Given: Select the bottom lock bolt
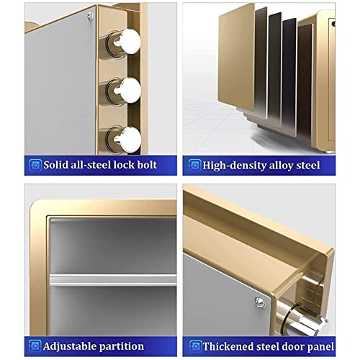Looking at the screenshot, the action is [125, 139].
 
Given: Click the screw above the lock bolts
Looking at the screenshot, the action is [90, 16].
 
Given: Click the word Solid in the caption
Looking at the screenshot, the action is [55, 165].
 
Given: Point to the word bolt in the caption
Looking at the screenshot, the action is [147, 165].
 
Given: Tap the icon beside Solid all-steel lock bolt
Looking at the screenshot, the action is [35, 165].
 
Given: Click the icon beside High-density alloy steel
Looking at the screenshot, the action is [194, 165].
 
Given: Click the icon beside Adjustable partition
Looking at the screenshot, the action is [35, 346].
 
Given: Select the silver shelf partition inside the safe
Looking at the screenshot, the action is [113, 280].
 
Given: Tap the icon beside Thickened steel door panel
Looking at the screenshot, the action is [195, 346].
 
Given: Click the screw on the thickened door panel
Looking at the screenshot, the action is [260, 302].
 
